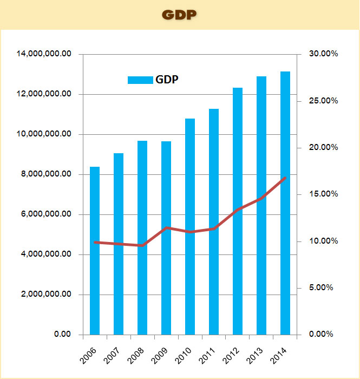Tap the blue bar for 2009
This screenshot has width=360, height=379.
[166, 238]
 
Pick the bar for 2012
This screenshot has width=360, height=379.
[238, 211]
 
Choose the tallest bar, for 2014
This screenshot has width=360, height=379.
[285, 203]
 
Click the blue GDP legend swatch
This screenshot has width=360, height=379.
[140, 80]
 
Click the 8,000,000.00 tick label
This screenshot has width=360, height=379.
[49, 174]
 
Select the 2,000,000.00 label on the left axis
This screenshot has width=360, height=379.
[49, 295]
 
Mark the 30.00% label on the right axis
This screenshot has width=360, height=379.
[323, 54]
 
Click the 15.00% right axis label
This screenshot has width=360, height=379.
[323, 194]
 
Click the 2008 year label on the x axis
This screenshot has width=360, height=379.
[137, 356]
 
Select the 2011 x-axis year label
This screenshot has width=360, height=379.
[208, 356]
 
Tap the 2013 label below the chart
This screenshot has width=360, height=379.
[256, 356]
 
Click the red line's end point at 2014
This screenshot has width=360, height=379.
[285, 178]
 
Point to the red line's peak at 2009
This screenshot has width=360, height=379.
[167, 228]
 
